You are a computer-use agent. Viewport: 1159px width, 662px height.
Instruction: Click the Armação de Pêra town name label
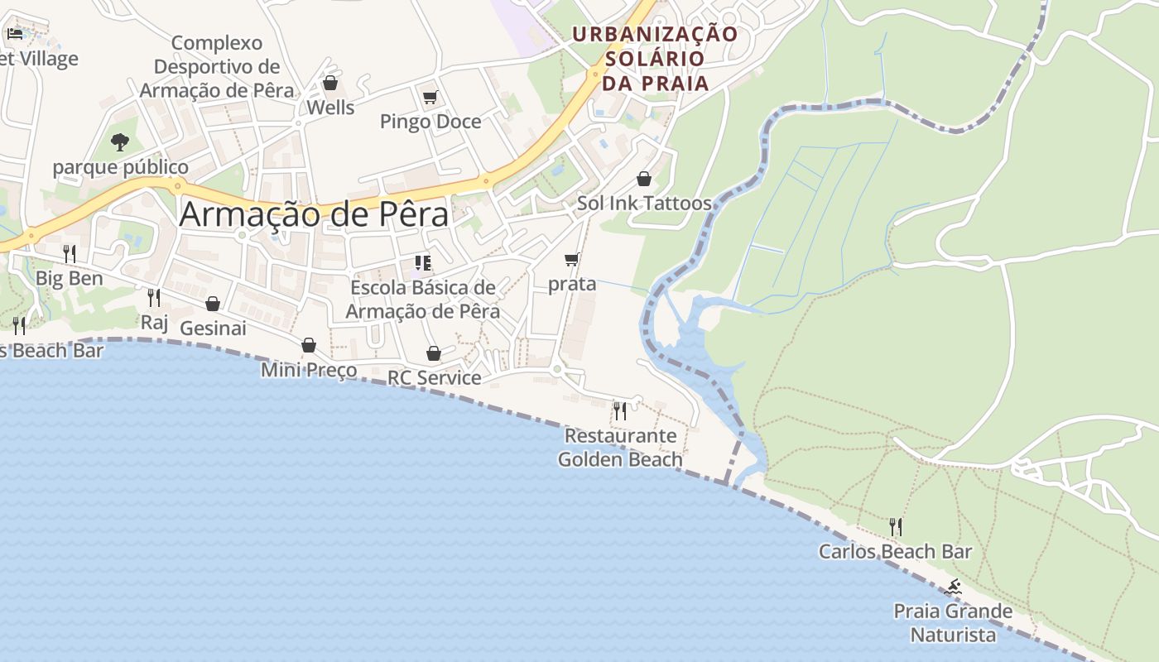(x=314, y=214)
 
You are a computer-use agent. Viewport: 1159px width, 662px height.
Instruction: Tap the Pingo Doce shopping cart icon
(x=430, y=98)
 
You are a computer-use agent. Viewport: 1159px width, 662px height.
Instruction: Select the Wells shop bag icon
(x=330, y=83)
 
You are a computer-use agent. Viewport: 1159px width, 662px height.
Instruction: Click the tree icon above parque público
(x=120, y=142)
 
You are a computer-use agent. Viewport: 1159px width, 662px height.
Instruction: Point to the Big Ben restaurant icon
(x=70, y=253)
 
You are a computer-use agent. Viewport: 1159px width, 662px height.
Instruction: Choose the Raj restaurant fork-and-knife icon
(x=153, y=297)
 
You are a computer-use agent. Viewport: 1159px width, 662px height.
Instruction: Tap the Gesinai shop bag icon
(x=213, y=304)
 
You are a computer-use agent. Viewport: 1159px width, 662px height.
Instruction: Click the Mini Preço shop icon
(x=309, y=345)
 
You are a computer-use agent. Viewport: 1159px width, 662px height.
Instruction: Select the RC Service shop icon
(x=434, y=353)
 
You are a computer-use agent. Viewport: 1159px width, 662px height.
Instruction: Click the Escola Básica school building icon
(x=423, y=263)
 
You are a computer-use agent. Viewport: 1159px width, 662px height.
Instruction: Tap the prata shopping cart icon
(x=571, y=259)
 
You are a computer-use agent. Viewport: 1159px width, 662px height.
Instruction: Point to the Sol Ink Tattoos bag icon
(x=644, y=178)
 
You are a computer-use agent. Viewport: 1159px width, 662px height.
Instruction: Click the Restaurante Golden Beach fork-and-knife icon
(x=619, y=410)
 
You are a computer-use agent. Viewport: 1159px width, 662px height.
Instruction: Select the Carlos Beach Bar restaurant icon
(x=895, y=526)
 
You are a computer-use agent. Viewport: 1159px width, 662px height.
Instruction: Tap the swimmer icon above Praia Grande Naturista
(x=953, y=588)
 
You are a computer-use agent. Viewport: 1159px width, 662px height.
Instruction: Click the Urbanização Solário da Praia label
(x=655, y=59)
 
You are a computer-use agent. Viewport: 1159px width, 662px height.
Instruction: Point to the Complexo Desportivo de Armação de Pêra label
(x=217, y=66)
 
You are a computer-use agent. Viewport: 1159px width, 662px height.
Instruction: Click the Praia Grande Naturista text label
(x=953, y=623)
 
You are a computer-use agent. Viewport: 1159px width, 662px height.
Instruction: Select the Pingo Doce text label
(x=430, y=122)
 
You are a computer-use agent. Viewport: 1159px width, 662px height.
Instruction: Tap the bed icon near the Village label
(x=15, y=34)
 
